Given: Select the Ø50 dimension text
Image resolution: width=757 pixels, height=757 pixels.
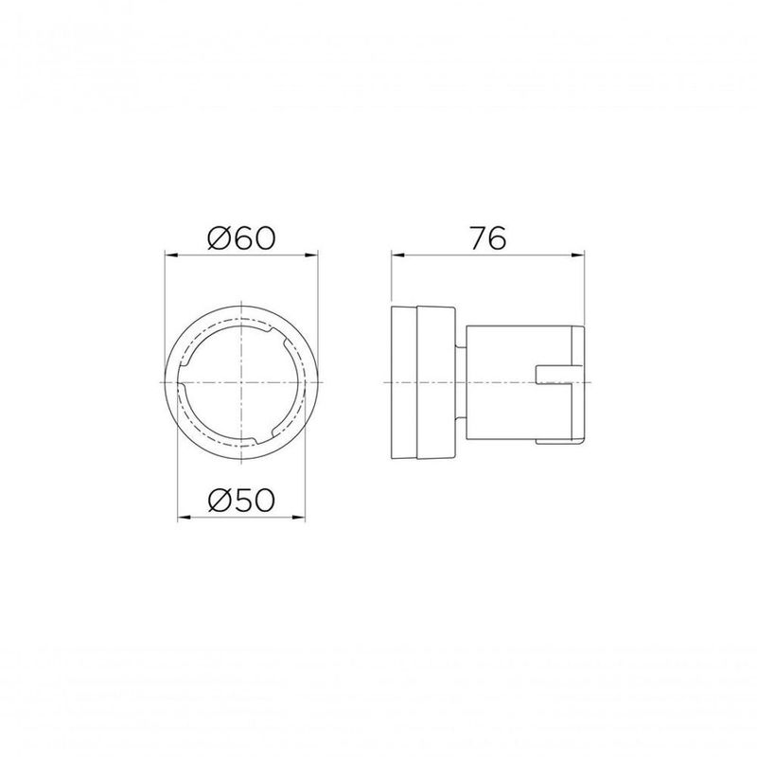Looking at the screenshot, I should [241, 500].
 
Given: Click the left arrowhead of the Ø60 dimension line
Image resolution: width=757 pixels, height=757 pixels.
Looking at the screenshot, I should [170, 255].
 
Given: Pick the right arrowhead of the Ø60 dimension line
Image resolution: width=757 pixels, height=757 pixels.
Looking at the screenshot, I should [314, 255].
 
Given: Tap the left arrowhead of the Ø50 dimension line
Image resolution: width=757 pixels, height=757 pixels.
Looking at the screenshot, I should [183, 517].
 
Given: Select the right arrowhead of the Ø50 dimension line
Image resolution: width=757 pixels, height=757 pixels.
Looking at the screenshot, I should [302, 517].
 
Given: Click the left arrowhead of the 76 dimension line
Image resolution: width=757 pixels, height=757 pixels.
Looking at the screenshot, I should [396, 255].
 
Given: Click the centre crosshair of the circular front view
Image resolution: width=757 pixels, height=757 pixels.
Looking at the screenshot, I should [242, 380].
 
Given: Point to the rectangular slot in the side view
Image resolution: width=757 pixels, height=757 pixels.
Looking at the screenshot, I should [558, 375].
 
